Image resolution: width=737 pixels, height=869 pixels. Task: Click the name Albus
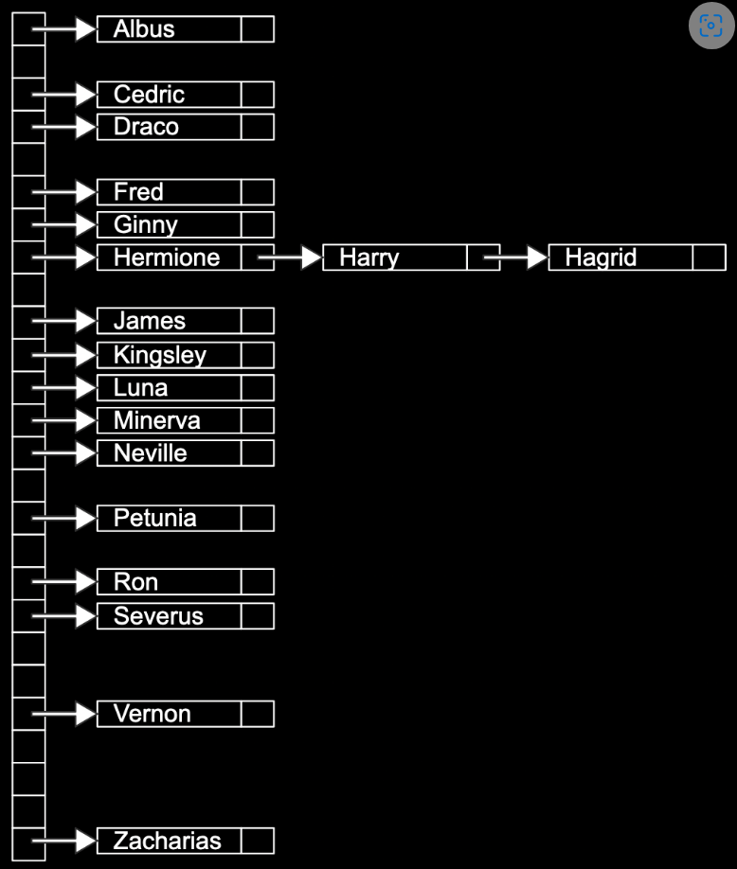(x=144, y=29)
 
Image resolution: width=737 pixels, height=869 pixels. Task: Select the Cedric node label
(x=149, y=95)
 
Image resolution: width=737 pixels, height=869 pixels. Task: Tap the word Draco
(x=146, y=127)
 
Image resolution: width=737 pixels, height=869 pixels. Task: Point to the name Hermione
(x=167, y=257)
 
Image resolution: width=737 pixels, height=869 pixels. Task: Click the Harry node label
(x=369, y=257)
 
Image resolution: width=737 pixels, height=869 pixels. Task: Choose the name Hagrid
(x=601, y=257)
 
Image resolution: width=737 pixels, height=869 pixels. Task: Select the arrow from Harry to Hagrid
(x=516, y=257)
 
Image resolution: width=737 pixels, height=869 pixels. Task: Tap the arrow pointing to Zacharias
(x=64, y=841)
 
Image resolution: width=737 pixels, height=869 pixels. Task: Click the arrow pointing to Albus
(x=64, y=29)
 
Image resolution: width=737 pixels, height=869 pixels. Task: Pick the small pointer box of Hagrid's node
(x=709, y=257)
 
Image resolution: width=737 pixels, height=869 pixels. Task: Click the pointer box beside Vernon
(x=257, y=714)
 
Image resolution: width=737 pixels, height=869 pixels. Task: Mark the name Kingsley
(x=159, y=355)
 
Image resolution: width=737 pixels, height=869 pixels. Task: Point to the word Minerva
(x=156, y=420)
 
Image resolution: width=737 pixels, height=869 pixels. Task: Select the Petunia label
(x=154, y=518)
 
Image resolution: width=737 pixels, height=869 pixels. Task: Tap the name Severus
(x=158, y=616)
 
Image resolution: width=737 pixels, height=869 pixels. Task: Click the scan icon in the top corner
(x=711, y=27)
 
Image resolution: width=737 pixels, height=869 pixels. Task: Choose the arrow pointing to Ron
(x=64, y=581)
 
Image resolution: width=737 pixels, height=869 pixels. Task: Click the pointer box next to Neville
(x=257, y=452)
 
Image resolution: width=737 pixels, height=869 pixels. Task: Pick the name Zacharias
(x=167, y=841)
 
